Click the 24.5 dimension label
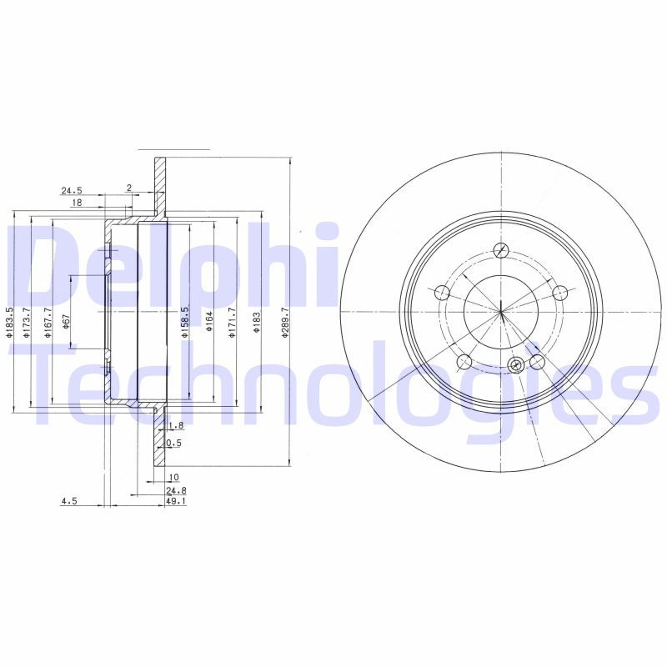coord(73,190)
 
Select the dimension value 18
coord(76,203)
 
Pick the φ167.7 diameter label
coord(48,323)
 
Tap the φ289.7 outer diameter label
coord(285,321)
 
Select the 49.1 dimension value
coord(176,502)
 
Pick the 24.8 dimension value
coord(175,491)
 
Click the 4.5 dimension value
coord(69,502)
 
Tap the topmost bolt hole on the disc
coord(501,251)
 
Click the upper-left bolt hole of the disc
coord(442,293)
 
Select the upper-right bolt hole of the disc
coord(560,292)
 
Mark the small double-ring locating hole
coord(516,364)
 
